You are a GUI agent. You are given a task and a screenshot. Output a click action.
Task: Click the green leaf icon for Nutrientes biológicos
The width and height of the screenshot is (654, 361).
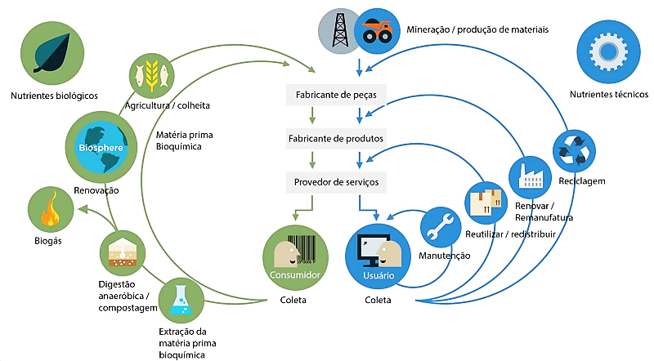(x=52, y=53)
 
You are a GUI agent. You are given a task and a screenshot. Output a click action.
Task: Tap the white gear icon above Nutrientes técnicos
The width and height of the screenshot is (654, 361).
(x=608, y=51)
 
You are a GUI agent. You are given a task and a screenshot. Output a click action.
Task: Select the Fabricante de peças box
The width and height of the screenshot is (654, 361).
(x=336, y=95)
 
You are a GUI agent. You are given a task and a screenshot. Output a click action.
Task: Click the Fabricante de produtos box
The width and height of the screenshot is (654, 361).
(x=336, y=138)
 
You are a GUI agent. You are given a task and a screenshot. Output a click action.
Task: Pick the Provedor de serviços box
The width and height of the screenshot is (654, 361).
(x=336, y=182)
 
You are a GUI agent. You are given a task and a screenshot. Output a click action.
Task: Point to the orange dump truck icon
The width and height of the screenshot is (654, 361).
(x=377, y=31)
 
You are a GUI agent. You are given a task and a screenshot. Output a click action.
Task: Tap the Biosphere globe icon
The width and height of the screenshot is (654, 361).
(x=101, y=147)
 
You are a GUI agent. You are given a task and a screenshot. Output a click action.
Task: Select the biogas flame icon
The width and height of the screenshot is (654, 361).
(x=51, y=209)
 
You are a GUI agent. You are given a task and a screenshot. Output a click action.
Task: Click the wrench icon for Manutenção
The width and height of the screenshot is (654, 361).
(x=441, y=227)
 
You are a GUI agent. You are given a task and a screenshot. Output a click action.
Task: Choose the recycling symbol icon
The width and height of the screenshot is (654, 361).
(x=574, y=151)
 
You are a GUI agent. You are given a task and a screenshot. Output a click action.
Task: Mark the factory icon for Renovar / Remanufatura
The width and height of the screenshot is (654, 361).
(x=530, y=177)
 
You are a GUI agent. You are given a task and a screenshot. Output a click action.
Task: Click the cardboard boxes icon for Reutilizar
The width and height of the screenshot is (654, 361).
(x=486, y=203)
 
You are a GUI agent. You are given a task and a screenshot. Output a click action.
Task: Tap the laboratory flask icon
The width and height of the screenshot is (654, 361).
(x=181, y=301)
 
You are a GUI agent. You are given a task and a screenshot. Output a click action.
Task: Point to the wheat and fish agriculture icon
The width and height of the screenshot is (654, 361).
(x=151, y=76)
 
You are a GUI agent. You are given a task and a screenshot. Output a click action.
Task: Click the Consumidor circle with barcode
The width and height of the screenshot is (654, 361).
(x=295, y=257)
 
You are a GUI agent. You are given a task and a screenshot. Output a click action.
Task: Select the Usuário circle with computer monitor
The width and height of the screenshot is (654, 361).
(x=378, y=256)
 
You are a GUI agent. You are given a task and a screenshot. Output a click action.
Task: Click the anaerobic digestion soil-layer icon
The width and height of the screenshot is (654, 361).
(x=122, y=253)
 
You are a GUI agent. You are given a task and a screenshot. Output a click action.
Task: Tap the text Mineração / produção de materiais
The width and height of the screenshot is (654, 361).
(x=477, y=29)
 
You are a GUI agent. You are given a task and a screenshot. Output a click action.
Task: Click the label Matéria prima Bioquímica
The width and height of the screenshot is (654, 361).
(x=185, y=140)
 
